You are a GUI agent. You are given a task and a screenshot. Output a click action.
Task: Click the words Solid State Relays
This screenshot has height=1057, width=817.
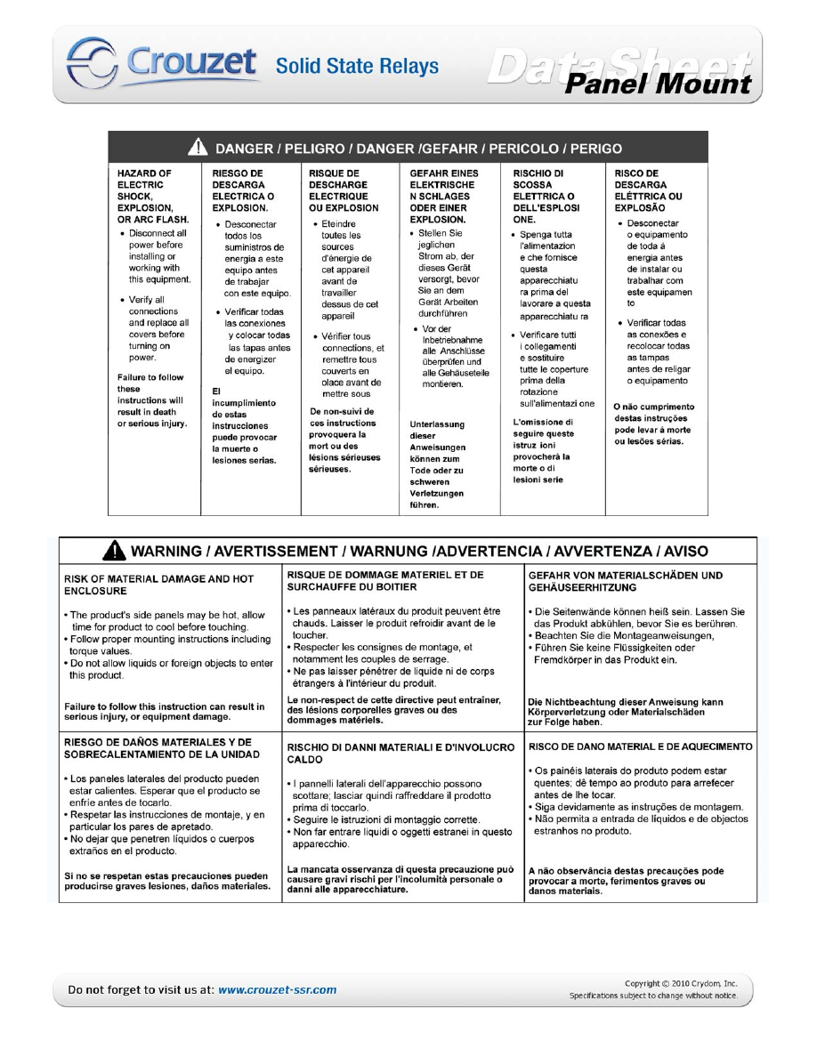click(357, 66)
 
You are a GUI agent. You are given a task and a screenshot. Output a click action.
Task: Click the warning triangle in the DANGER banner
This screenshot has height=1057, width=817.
click(202, 149)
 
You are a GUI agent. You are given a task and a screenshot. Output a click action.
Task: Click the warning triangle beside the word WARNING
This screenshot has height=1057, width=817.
click(115, 553)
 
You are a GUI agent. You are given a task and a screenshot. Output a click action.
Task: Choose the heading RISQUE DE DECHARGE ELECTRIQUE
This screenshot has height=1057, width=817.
click(343, 190)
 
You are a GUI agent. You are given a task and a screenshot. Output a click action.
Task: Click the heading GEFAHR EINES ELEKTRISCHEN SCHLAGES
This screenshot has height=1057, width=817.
click(444, 196)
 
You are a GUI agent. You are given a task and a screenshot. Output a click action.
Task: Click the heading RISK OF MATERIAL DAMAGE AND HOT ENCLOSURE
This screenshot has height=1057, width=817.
click(158, 585)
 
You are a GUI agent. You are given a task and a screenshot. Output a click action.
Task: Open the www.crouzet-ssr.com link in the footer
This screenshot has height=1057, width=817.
click(278, 988)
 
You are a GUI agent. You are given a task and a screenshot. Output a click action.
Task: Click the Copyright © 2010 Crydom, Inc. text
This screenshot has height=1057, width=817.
click(681, 983)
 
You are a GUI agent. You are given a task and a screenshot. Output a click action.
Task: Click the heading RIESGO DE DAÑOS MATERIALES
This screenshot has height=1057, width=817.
click(158, 748)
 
